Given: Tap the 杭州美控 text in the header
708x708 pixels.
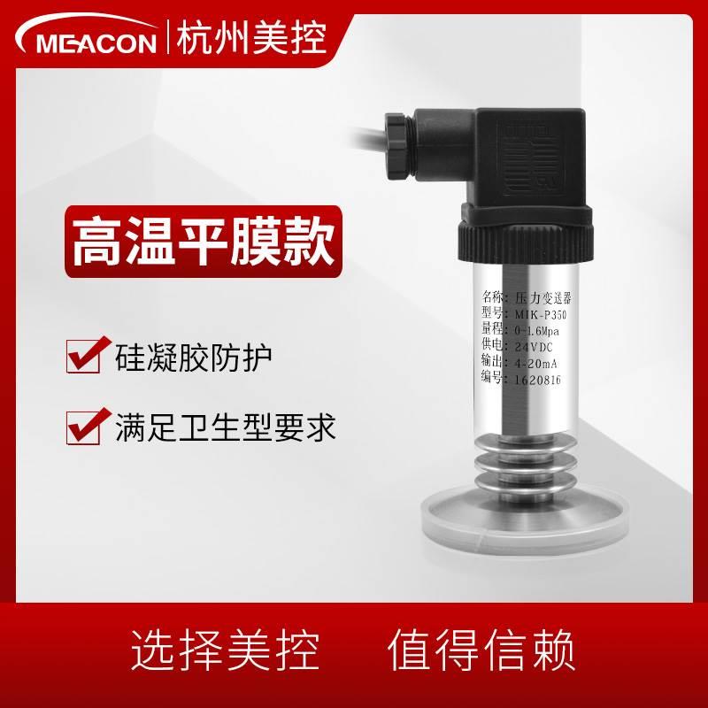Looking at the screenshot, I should tap(250, 38).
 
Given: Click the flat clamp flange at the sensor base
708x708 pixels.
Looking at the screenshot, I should tap(522, 536).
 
